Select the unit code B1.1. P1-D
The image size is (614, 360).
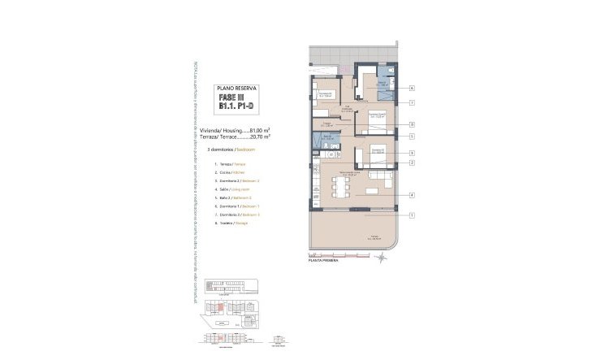[x=236, y=106]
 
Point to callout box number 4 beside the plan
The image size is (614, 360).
[x=412, y=195]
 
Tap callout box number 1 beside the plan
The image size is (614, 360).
[x=412, y=215]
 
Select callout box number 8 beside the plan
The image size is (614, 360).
[x=412, y=124]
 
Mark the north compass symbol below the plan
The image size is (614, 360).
[x=382, y=258]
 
